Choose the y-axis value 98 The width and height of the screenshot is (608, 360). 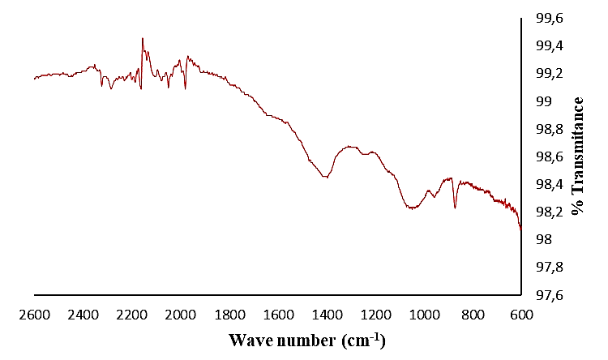[539, 240]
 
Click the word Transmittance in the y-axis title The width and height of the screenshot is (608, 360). [578, 146]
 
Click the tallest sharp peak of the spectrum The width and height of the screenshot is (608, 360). [142, 38]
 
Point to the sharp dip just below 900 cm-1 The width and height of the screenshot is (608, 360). [455, 208]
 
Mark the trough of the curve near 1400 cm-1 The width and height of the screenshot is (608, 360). [326, 177]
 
